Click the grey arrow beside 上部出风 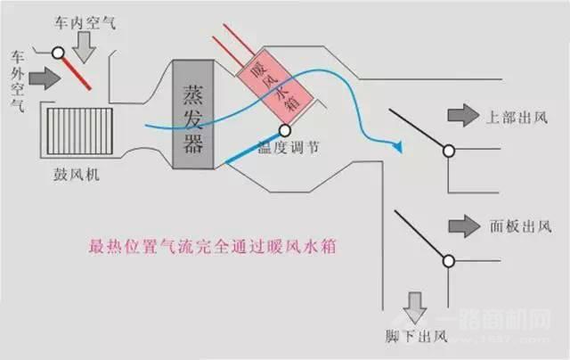coord(462,117)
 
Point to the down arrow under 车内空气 coord(84,49)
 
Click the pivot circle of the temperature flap coord(288,130)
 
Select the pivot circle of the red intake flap coord(60,53)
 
